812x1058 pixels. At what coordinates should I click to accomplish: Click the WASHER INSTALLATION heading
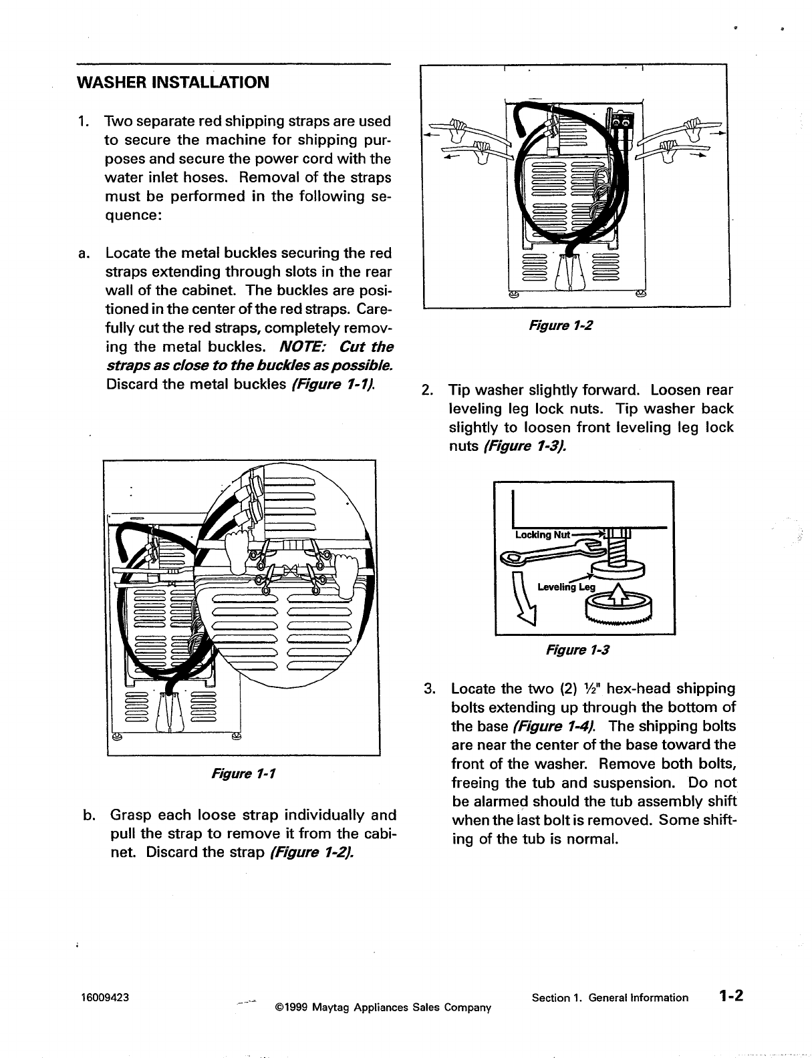tap(173, 83)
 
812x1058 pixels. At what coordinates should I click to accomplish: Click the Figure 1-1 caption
tap(243, 773)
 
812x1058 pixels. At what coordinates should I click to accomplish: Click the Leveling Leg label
tap(565, 587)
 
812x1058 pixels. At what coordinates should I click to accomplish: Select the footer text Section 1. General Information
tap(610, 997)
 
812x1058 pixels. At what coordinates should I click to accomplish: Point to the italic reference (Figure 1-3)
tap(524, 446)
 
